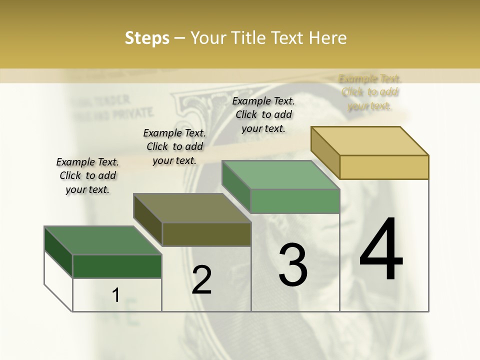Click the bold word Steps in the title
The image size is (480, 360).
(146, 38)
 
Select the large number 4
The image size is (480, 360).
(381, 250)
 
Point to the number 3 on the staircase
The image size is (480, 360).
(293, 265)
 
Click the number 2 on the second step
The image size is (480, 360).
(201, 280)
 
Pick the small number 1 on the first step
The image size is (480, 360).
(115, 295)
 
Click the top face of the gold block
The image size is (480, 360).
(370, 141)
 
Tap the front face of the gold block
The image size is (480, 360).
(384, 167)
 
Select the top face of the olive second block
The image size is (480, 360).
(192, 208)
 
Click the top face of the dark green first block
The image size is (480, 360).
(103, 240)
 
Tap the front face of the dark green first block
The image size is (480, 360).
(117, 266)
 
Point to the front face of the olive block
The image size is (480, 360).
(206, 234)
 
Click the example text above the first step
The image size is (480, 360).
(87, 175)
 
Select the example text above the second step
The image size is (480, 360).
(174, 146)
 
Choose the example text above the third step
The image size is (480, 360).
(263, 114)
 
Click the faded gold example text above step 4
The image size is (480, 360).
(370, 92)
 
